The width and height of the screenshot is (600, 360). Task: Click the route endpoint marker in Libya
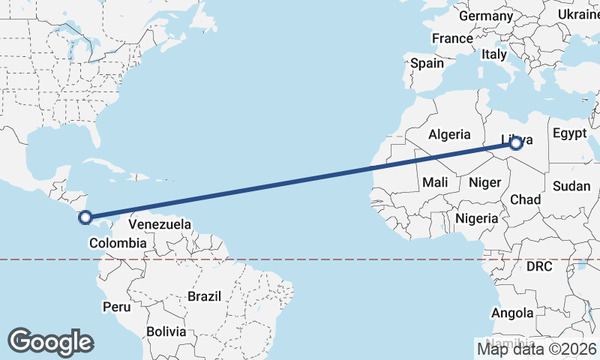[x=515, y=143]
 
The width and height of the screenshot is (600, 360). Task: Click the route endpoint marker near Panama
[x=85, y=217]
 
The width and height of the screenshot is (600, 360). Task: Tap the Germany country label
[x=485, y=16]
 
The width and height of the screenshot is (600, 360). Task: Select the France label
[x=452, y=38]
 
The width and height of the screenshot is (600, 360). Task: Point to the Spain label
[x=427, y=64]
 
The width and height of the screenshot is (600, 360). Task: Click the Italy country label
[x=494, y=54]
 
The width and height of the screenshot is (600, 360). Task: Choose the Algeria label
[x=449, y=135]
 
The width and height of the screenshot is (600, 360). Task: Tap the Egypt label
[x=569, y=133]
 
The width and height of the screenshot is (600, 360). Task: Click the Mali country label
[x=435, y=182]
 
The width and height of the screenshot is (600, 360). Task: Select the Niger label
[x=484, y=182]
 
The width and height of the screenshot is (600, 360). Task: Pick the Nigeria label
[x=477, y=218]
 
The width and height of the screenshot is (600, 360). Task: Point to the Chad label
[x=525, y=199]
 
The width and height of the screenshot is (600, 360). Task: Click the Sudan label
[x=571, y=185]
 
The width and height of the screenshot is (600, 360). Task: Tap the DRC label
[x=538, y=266]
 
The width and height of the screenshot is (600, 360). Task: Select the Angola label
[x=513, y=313]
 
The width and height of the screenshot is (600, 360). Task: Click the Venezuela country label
[x=160, y=224]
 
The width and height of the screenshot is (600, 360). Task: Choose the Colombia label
[x=117, y=242]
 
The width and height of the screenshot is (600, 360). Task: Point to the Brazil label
[x=204, y=296]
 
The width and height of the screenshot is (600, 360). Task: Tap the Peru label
[x=117, y=307]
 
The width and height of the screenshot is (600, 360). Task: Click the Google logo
[x=50, y=341]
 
